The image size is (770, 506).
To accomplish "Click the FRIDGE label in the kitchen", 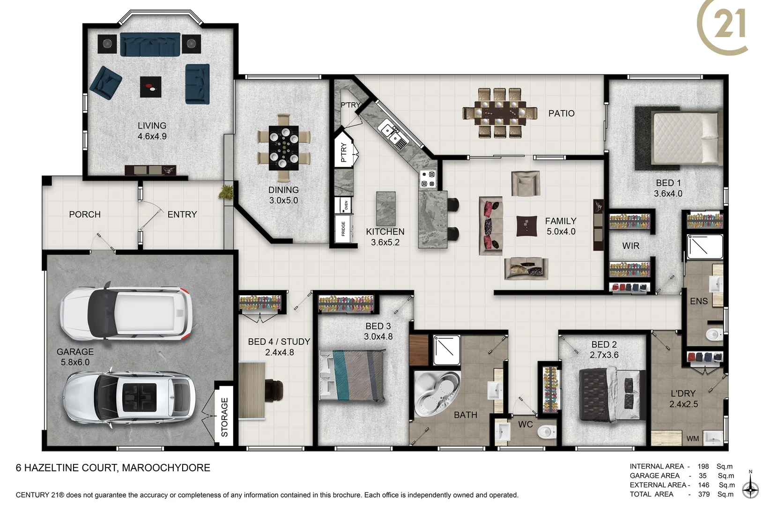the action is tap(343, 229).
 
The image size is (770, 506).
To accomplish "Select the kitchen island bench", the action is tap(385, 208).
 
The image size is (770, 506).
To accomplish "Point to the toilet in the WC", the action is tap(546, 432).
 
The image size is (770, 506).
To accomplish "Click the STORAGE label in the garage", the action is tap(224, 417).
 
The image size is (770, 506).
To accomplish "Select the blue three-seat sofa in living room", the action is tap(150, 45).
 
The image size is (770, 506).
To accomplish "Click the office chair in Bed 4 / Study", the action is tap(274, 390).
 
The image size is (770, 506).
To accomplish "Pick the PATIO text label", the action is tap(561, 113).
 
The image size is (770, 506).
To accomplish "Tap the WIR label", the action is tap(630, 246).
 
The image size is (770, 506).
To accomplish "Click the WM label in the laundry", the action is tap(692, 439).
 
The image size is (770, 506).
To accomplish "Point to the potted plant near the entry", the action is tap(227, 192).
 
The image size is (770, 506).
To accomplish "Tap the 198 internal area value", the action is tap(703, 466).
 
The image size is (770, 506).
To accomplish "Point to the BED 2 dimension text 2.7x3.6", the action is tap(604, 355).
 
